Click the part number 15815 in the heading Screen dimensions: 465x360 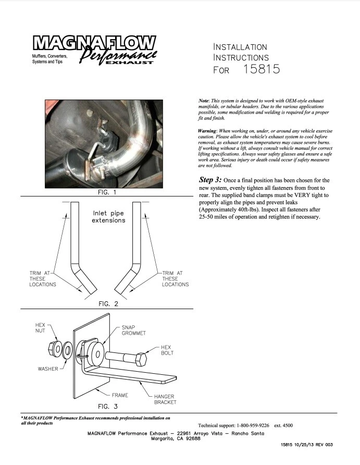coord(262,69)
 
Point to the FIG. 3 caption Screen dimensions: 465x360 coord(108,406)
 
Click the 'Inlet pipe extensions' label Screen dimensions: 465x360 coord(109,217)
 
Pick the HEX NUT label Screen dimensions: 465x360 coord(41,327)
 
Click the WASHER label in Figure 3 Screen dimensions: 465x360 coord(48,369)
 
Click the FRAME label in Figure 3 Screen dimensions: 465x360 coord(120,395)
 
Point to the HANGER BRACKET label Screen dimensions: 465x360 coord(165,399)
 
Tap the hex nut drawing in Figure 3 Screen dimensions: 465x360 coord(56,348)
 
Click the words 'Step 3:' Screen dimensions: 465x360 coord(210,179)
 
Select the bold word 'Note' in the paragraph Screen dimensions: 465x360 coord(203,100)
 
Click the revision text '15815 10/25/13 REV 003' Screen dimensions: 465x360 coord(306,445)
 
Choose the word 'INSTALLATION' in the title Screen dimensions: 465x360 coord(240,47)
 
